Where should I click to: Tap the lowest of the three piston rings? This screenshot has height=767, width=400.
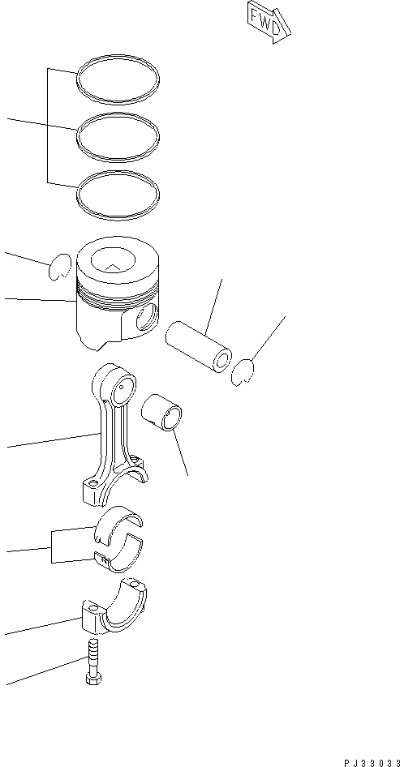click(x=118, y=194)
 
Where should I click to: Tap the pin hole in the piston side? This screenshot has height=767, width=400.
click(x=147, y=319)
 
